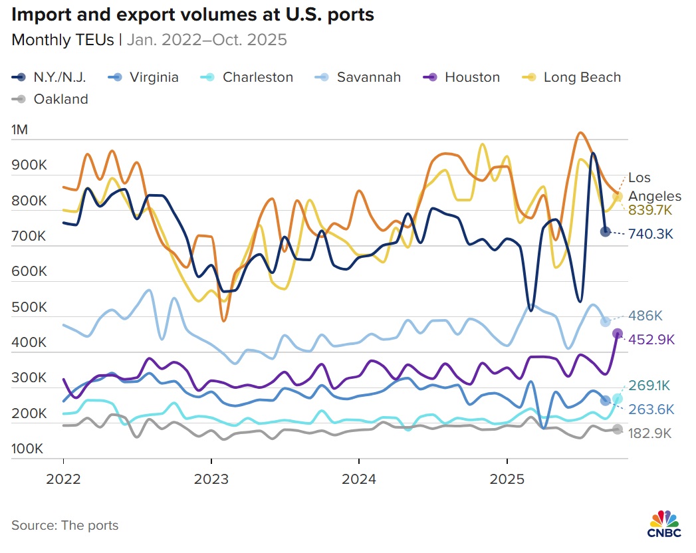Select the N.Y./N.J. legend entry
pos(50,77)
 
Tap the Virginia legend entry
pos(144,77)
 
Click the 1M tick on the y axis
pos(20,130)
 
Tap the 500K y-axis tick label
pos(29,308)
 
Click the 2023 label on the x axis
pos(211,479)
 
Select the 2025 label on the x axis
pos(507,479)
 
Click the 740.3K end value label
pos(651,234)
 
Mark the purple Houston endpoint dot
pos(617,334)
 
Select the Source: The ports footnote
pos(65,525)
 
